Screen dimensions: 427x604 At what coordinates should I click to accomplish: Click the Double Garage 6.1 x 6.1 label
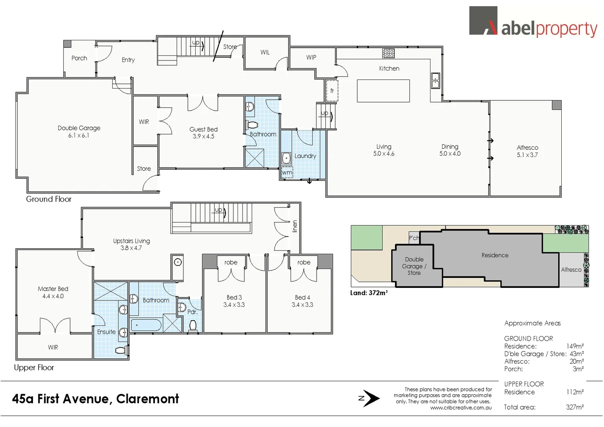pos(79,131)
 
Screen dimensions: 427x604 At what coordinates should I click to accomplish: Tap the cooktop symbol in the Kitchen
pos(388,53)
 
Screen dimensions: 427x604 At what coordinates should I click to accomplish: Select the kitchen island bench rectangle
pos(383,91)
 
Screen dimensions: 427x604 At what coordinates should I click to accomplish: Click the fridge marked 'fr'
pos(332,91)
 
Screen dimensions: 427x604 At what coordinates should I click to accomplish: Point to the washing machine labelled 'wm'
pos(287,173)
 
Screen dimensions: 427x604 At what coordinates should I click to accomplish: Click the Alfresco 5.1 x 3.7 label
pos(527,151)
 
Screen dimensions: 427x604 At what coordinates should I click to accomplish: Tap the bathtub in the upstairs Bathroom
pos(146,325)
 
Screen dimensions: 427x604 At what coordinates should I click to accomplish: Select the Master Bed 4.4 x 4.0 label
pos(53,292)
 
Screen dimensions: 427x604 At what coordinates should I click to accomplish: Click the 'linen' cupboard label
pos(294,226)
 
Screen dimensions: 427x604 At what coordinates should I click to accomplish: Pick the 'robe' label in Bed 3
pos(231,262)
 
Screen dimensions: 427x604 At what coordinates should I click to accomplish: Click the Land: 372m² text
pos(369,293)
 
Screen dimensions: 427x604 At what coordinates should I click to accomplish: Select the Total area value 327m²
pos(574,407)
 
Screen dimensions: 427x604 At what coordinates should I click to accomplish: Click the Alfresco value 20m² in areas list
pos(576,361)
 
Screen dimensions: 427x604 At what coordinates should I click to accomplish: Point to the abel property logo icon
pos(483,21)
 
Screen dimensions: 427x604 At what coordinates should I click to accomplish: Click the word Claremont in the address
pos(147,399)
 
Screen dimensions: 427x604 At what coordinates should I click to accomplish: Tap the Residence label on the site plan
pos(495,255)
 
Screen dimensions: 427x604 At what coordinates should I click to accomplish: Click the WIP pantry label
pos(311,57)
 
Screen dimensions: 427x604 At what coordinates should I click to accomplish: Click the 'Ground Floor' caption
pos(49,199)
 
